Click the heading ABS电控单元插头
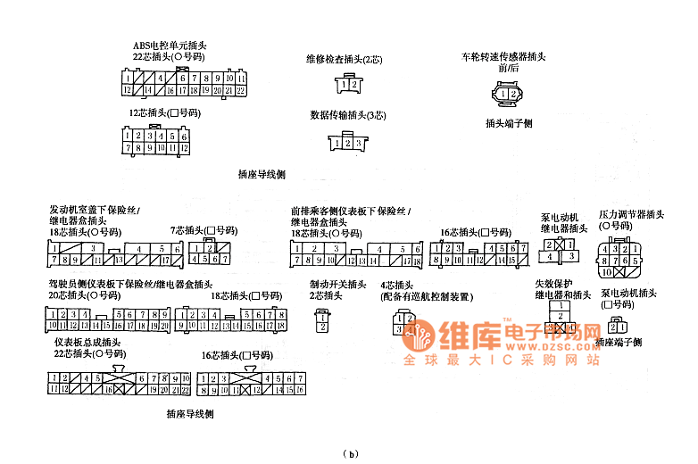tap(170, 45)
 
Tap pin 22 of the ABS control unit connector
tap(240, 90)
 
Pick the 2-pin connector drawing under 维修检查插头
tap(348, 84)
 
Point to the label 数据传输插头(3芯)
tap(347, 115)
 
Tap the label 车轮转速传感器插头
tap(503, 56)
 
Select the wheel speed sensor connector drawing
tap(508, 94)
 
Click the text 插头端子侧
tap(509, 123)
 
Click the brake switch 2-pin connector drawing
tap(322, 321)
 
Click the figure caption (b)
tap(350, 453)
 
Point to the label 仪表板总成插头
tap(87, 343)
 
